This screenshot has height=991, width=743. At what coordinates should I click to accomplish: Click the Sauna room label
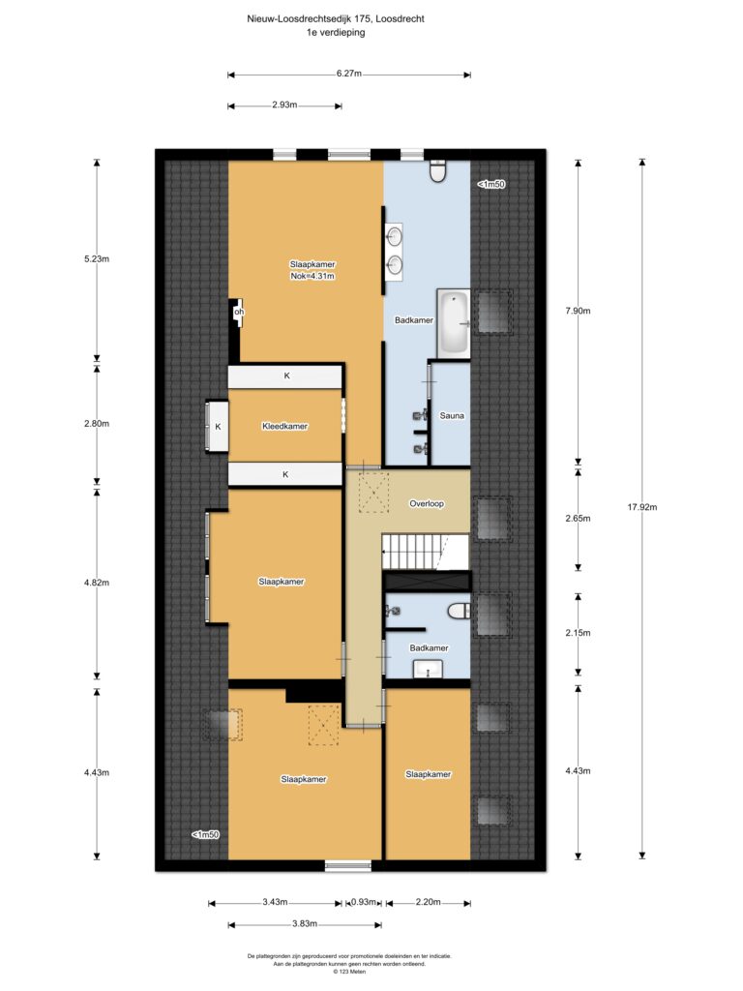tap(452, 416)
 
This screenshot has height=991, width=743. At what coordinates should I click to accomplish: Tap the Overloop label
tap(427, 503)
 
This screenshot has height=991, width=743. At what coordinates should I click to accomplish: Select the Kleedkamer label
tap(285, 427)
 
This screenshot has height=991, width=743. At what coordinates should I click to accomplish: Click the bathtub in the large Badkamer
tap(454, 322)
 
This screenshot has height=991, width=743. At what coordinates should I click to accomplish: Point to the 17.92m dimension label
tap(642, 507)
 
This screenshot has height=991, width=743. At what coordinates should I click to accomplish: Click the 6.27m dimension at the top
tap(348, 74)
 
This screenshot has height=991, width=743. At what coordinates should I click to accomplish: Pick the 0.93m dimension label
tap(364, 902)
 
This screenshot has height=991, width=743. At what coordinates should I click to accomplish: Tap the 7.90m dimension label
tap(578, 311)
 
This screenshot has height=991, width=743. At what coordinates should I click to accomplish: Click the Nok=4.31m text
tap(312, 276)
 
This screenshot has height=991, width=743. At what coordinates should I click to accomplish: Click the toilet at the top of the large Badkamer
tap(438, 171)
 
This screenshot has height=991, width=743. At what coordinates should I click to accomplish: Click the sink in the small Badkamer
tap(428, 669)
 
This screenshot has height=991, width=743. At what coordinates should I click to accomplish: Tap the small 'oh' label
tap(239, 312)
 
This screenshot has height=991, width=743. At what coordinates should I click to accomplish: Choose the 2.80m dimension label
tap(97, 424)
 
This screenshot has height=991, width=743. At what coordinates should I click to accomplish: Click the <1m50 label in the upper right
tap(490, 185)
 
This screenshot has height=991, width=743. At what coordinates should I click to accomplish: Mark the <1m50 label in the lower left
tap(205, 835)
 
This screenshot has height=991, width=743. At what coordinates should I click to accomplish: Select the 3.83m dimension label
tap(305, 923)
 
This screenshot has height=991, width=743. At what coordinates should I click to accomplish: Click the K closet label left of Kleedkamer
tap(218, 427)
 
